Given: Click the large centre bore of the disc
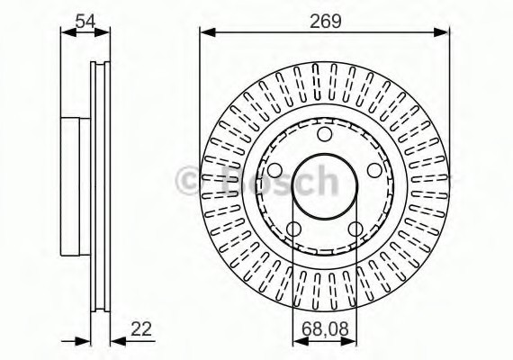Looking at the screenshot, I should (x=324, y=186).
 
